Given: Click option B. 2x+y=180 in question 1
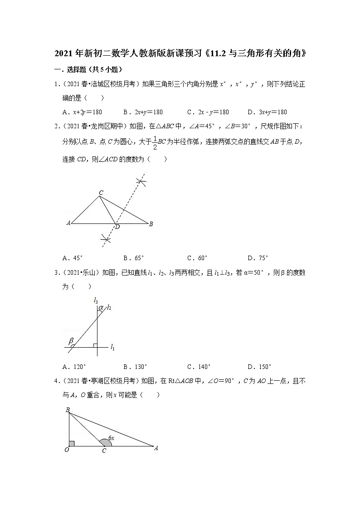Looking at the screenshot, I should tap(142, 112).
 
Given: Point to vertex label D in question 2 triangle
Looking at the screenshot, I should tap(117, 227).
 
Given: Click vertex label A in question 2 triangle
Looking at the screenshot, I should tap(68, 223).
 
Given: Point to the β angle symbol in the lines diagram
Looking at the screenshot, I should tap(71, 340).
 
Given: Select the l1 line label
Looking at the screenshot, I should tap(112, 348).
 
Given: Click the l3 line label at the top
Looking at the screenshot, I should tap(96, 300).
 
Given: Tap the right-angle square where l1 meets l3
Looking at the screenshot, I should tap(95, 346).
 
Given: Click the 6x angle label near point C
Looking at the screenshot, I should tap(111, 438).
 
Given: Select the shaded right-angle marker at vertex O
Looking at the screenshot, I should tap(72, 443).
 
